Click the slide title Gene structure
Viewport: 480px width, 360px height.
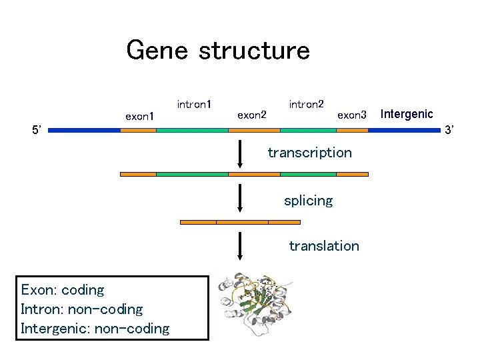coord(218,51)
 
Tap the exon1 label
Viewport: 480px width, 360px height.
coord(140,117)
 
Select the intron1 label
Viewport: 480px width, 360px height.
coord(194,104)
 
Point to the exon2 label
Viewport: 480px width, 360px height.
coord(252,115)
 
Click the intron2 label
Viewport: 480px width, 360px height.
coord(307,104)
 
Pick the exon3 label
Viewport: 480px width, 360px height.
coord(352,115)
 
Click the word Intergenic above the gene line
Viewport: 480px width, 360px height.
coord(406,114)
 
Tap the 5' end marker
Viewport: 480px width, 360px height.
coord(37,129)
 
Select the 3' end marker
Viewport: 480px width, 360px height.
coord(449,129)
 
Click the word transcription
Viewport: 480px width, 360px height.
coord(309,153)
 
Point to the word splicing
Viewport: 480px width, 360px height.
coord(308,201)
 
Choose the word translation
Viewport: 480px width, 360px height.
coord(323,246)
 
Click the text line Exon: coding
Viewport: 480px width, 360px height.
coord(63,290)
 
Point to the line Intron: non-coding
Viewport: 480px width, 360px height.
coord(82,309)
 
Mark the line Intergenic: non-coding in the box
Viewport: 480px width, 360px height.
coord(95,328)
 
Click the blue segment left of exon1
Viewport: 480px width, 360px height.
coord(84,131)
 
